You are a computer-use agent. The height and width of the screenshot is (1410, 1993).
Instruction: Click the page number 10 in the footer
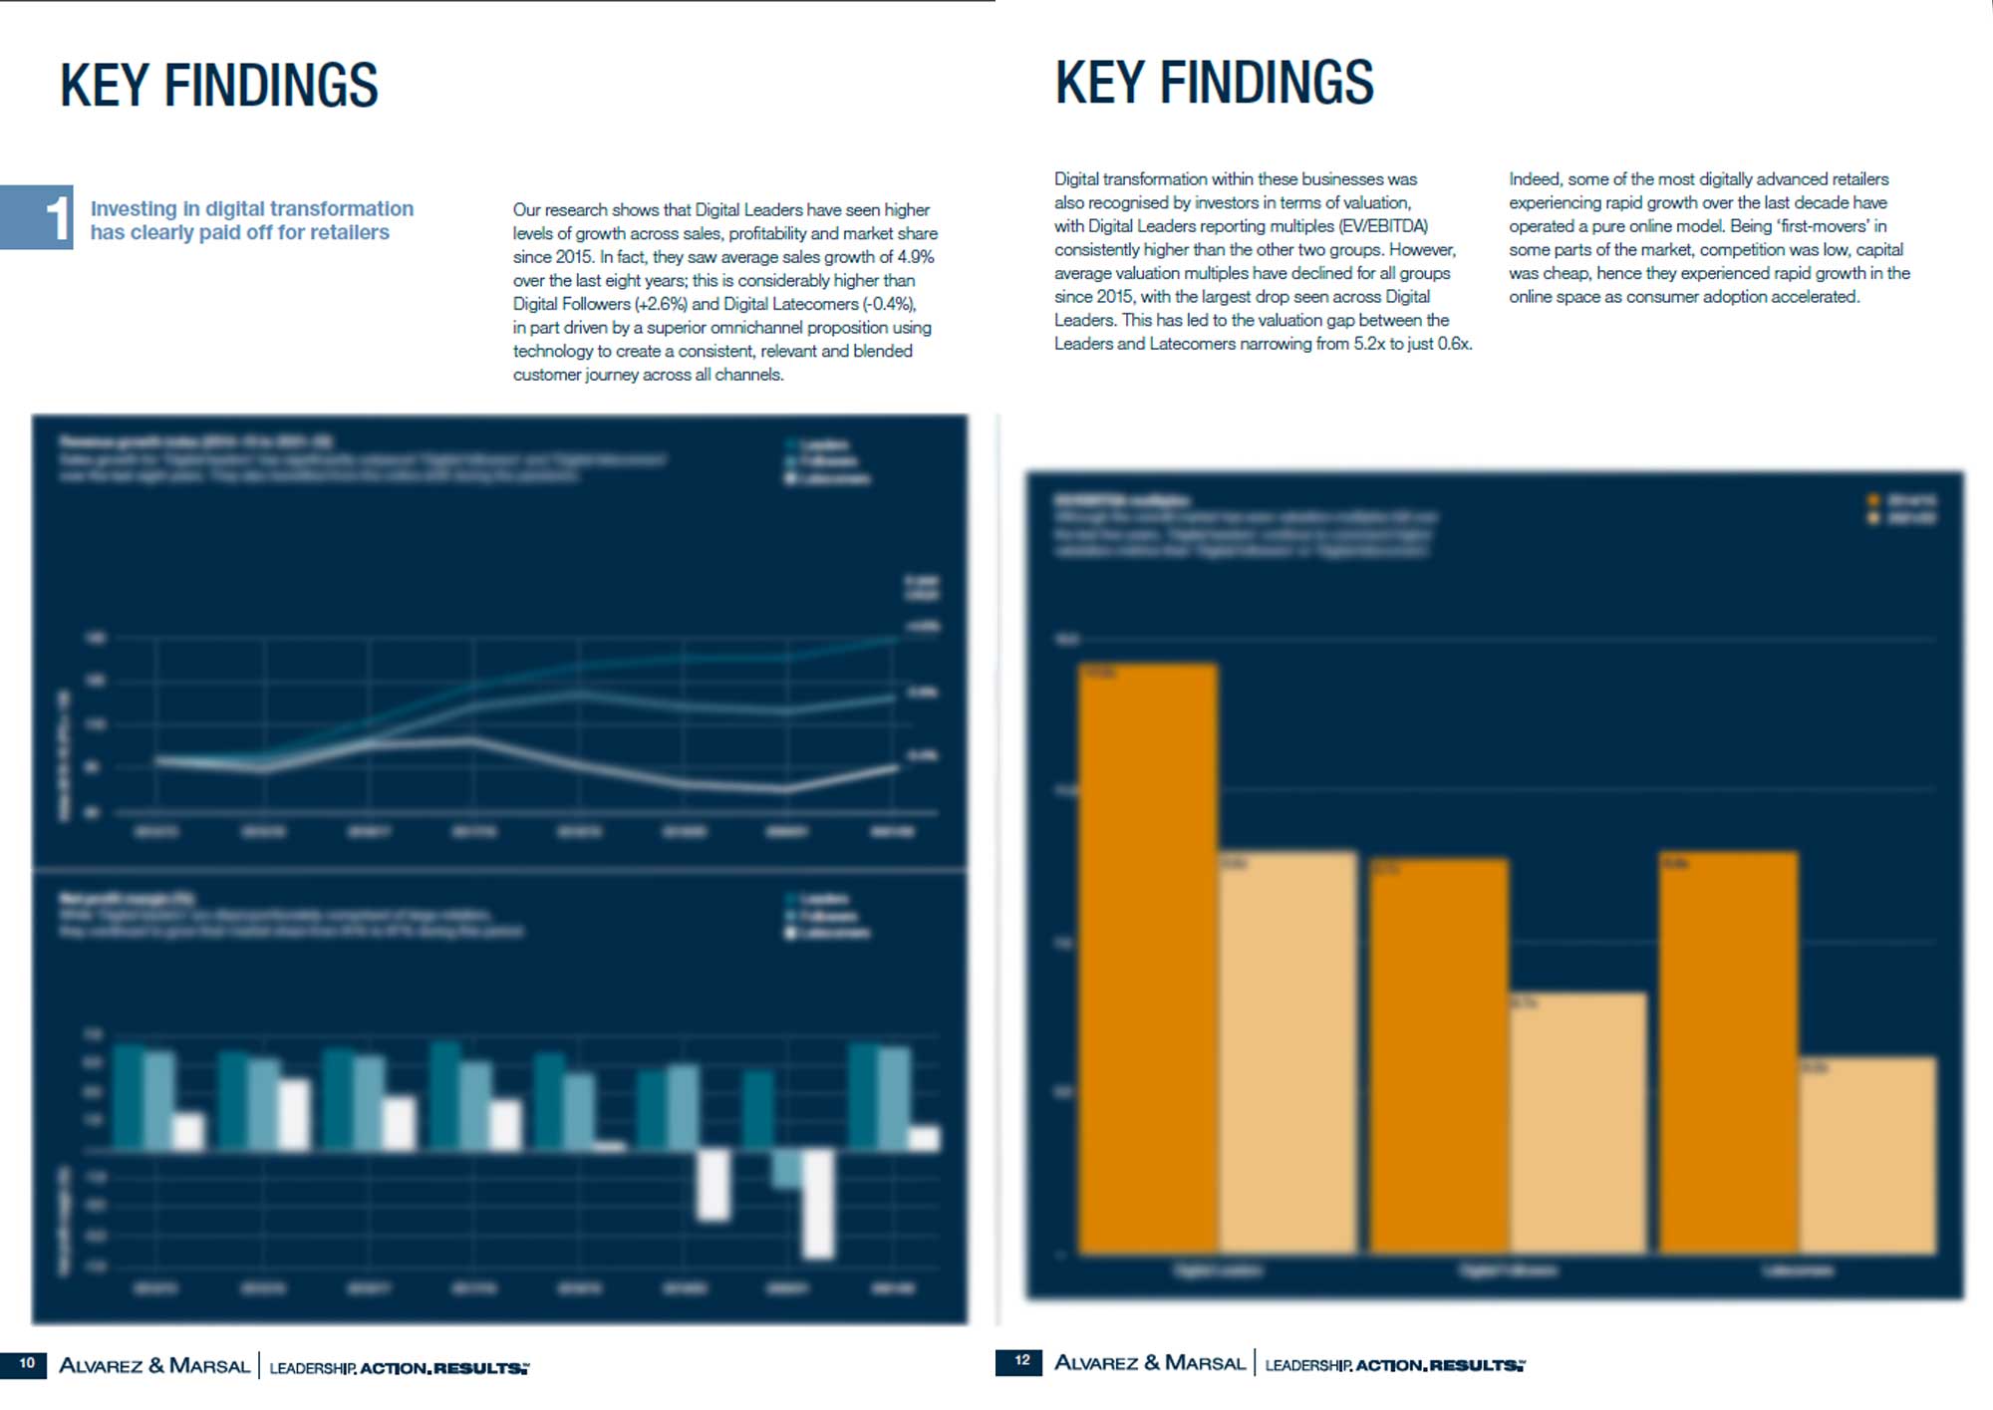(x=27, y=1363)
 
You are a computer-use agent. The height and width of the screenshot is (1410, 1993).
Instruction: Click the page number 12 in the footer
(x=1021, y=1360)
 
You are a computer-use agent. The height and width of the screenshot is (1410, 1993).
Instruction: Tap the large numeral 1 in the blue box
(x=57, y=217)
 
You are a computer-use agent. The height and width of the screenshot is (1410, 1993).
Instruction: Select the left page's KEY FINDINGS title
(x=218, y=86)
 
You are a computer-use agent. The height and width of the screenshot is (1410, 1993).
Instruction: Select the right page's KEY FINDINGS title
(x=1214, y=83)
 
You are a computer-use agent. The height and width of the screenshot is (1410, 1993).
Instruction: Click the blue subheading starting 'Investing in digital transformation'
(x=251, y=220)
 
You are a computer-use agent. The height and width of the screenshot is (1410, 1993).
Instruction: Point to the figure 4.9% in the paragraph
(x=916, y=257)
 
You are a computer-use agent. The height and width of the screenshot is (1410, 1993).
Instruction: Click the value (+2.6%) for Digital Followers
(x=661, y=304)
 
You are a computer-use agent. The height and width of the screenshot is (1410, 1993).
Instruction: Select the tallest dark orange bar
(x=1148, y=957)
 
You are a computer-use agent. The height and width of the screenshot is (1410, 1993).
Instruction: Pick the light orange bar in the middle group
(x=1576, y=1121)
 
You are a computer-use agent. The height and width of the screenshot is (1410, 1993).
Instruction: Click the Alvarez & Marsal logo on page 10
(x=154, y=1365)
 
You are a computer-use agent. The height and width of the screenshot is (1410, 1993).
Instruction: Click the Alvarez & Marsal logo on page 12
(x=1150, y=1362)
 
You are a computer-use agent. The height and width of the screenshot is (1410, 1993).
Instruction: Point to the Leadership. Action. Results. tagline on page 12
(x=1394, y=1364)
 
